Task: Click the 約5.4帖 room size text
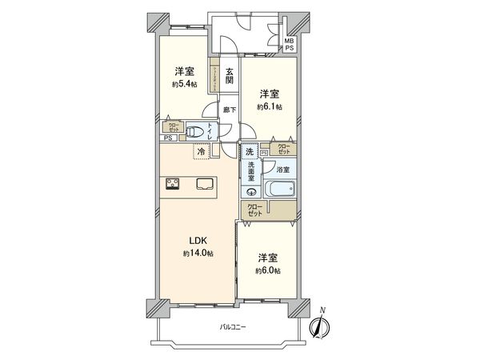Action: coord(185,84)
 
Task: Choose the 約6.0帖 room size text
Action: coord(269,271)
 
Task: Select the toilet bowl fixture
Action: coord(194,132)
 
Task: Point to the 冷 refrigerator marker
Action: coord(199,150)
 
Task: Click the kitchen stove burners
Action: coord(173,185)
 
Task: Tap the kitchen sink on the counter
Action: coord(203,184)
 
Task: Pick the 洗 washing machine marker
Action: coord(250,152)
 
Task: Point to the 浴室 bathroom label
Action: coord(282,170)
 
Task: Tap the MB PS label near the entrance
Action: coord(290,43)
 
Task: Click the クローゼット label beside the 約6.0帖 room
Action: coord(255,210)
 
